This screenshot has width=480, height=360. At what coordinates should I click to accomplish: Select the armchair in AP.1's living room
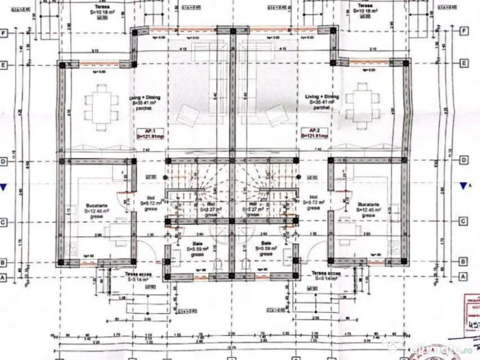189,115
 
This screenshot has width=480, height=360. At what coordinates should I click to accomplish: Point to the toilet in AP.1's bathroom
217,265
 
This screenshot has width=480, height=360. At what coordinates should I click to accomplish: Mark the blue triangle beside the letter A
464,186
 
